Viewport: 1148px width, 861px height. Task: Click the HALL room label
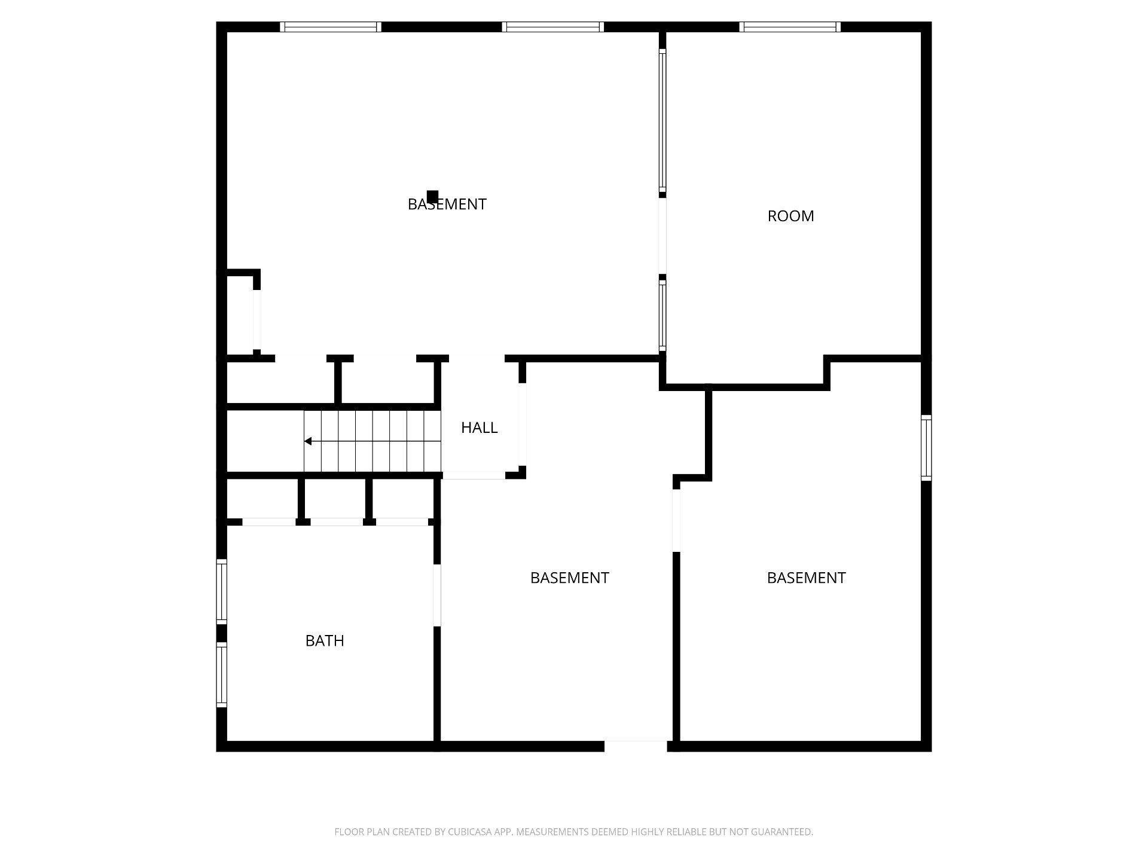click(479, 428)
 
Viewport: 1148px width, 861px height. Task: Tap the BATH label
click(325, 640)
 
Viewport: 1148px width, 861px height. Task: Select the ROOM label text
click(790, 216)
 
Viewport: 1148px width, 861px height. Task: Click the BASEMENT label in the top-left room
click(447, 204)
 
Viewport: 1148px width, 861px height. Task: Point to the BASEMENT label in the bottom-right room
click(806, 578)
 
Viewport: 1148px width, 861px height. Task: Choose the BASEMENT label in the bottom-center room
click(569, 578)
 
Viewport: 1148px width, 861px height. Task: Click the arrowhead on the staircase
click(308, 441)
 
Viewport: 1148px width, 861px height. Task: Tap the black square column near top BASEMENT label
click(432, 196)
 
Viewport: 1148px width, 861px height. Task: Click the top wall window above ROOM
click(790, 27)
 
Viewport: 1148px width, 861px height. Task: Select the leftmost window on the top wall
click(330, 27)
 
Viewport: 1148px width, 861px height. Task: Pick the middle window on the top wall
click(552, 27)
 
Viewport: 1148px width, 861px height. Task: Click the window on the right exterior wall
click(926, 447)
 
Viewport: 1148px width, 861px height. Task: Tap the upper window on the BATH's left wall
click(221, 591)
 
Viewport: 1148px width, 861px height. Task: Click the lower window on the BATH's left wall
click(221, 674)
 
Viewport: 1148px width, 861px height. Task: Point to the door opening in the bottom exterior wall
click(635, 746)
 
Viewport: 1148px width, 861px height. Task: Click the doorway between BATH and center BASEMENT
click(437, 595)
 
